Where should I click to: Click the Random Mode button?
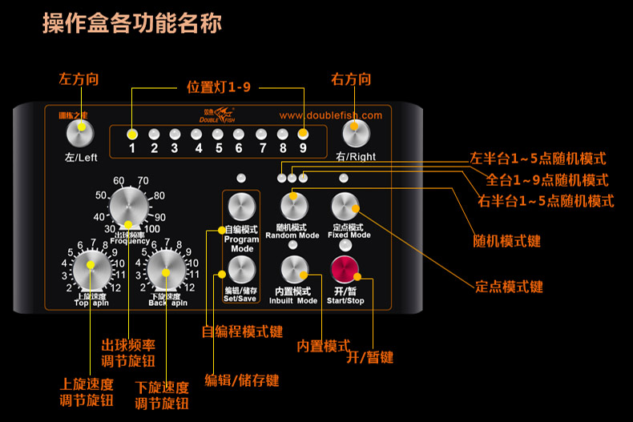293,206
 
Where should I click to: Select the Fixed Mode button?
346,206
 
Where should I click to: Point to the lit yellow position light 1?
132,135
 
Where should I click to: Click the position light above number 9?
303,135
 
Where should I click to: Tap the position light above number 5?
218,135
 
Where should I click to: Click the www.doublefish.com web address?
330,115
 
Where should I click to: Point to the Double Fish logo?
216,115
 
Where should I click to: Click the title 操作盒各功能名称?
132,22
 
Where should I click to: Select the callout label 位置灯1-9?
218,86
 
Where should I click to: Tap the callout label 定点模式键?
509,286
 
